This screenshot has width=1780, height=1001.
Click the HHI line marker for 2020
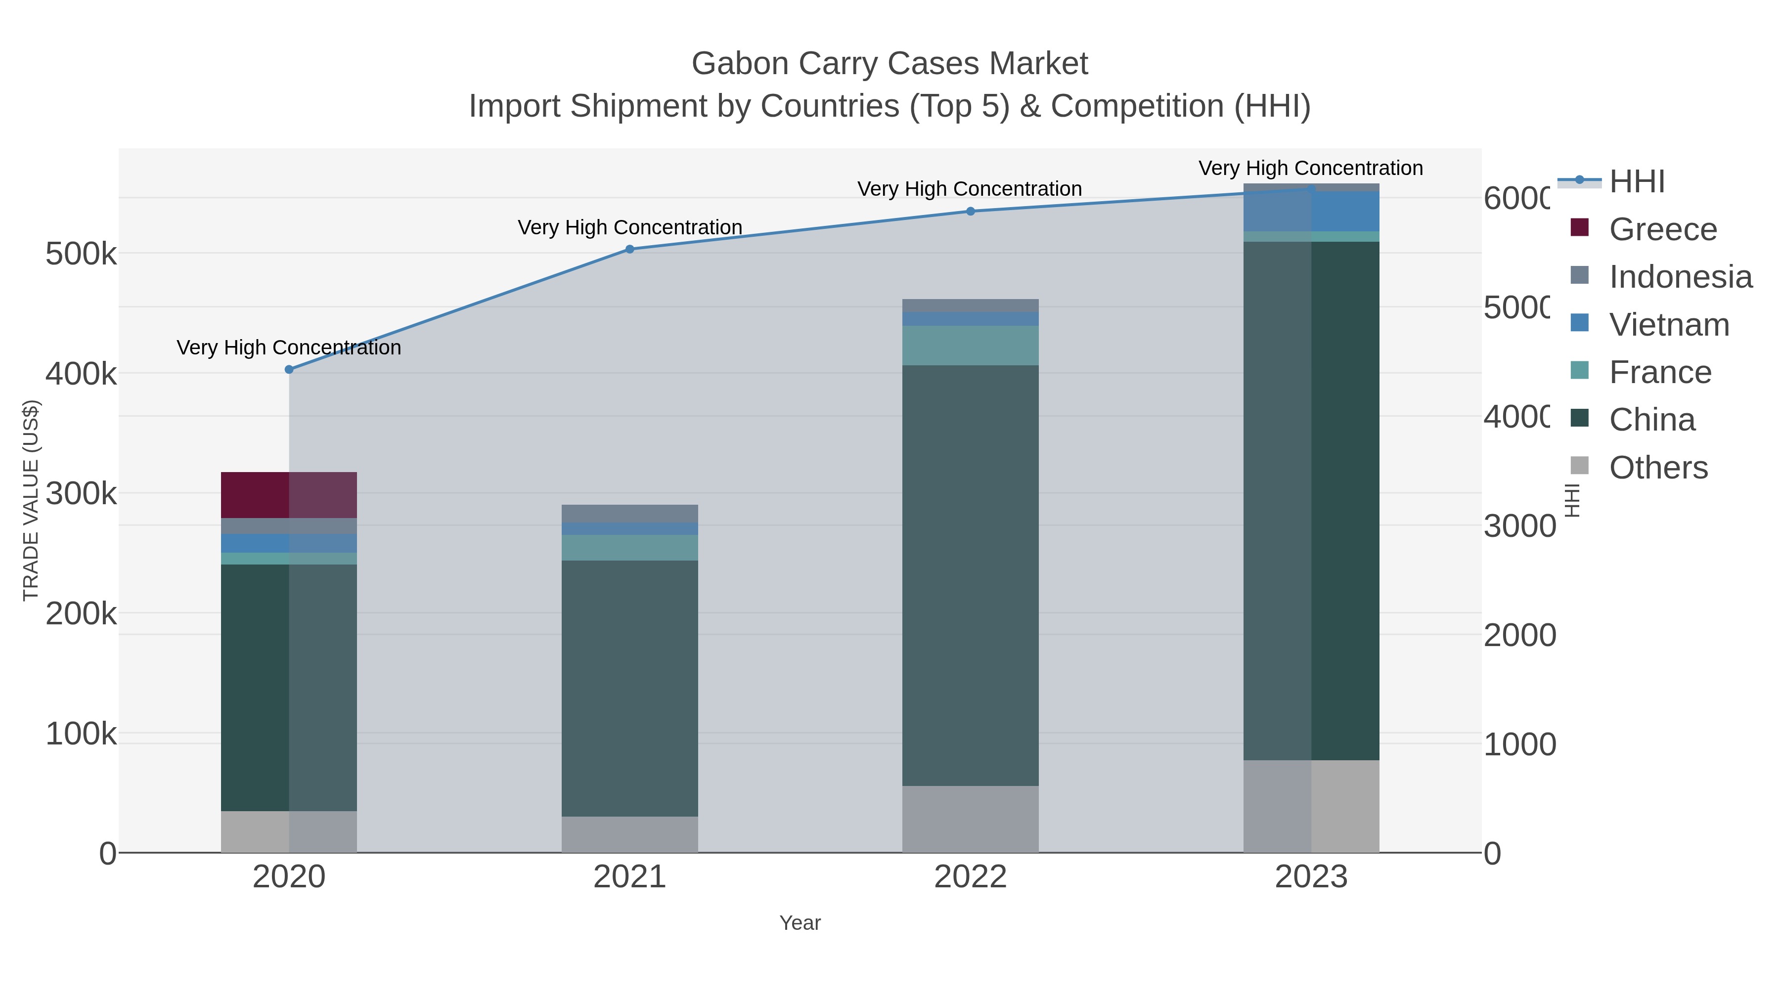tap(289, 370)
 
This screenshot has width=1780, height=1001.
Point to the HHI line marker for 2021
tap(629, 250)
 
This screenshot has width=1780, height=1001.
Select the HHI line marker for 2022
tap(970, 212)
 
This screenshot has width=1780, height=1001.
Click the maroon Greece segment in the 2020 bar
tap(289, 495)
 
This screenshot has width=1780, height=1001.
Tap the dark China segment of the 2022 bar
tap(970, 575)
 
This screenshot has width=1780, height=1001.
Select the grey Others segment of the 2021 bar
tap(629, 834)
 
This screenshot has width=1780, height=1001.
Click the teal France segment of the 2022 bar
tap(970, 346)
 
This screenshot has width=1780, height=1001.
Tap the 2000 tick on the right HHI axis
tap(1519, 636)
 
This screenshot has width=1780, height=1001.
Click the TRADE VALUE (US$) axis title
tap(31, 500)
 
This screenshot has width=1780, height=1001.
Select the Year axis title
tap(800, 923)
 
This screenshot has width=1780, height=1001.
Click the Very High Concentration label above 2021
tap(629, 227)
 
